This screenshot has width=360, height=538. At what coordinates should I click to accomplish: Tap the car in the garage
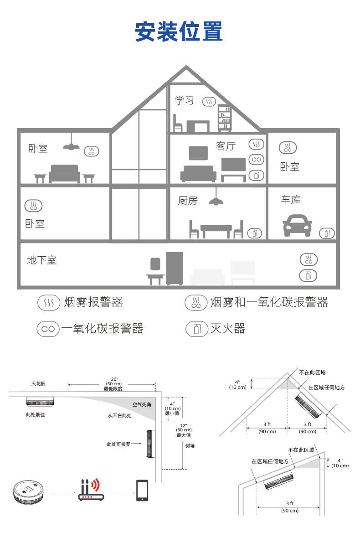coord(297,225)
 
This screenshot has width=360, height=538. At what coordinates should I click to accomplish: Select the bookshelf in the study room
coord(225,118)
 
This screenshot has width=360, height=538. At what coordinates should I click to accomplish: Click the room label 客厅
coord(226,146)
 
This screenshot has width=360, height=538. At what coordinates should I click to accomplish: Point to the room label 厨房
coord(188,200)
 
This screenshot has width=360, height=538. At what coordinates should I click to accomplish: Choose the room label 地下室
coord(42,260)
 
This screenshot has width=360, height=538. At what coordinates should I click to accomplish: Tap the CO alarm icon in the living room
coord(257,160)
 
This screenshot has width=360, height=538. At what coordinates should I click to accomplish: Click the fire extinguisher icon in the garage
coord(327,233)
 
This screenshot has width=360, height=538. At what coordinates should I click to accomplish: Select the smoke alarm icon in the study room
coord(209,102)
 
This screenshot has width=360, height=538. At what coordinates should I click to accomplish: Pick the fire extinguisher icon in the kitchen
coord(254,233)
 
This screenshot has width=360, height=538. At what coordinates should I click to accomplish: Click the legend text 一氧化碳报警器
coord(102,329)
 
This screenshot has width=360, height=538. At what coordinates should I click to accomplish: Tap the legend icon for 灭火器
coord(197,329)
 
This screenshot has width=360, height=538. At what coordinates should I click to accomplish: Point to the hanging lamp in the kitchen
coord(216,197)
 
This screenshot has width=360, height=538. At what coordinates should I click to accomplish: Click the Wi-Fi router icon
coord(91,490)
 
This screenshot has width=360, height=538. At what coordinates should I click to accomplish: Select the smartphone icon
coord(142,490)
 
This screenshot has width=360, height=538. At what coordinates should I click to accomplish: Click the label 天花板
coord(38,383)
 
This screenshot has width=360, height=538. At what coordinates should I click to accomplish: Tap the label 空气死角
coord(142,404)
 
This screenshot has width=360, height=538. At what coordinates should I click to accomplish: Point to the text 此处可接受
coord(118,444)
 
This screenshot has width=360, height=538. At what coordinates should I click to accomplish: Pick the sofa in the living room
coord(199,174)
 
